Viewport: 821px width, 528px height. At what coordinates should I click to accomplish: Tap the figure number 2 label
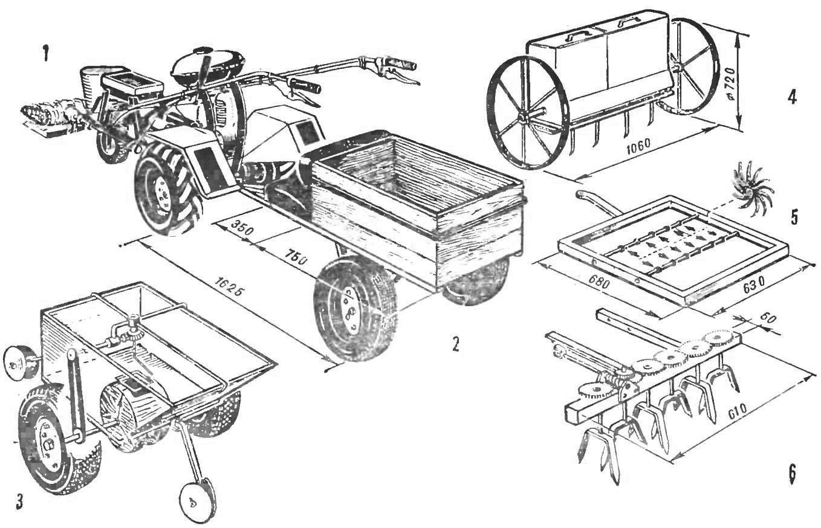point(456,344)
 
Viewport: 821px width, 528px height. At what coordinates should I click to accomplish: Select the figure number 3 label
point(19,501)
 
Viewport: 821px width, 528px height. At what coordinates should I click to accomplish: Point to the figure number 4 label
point(792,97)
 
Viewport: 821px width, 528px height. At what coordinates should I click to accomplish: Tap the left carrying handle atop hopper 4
point(576,35)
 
